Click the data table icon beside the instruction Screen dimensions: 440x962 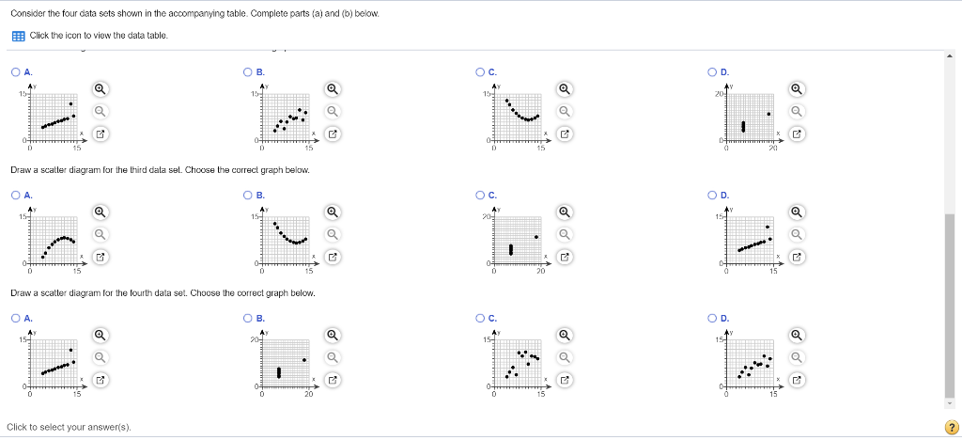pyautogui.click(x=18, y=36)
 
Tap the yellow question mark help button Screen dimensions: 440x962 pyautogui.click(x=950, y=427)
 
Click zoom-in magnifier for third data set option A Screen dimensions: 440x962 pyautogui.click(x=100, y=212)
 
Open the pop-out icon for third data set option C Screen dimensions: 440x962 pyautogui.click(x=564, y=257)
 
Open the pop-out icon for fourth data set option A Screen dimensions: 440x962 pyautogui.click(x=100, y=380)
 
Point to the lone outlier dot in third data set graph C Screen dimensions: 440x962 pyautogui.click(x=536, y=237)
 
